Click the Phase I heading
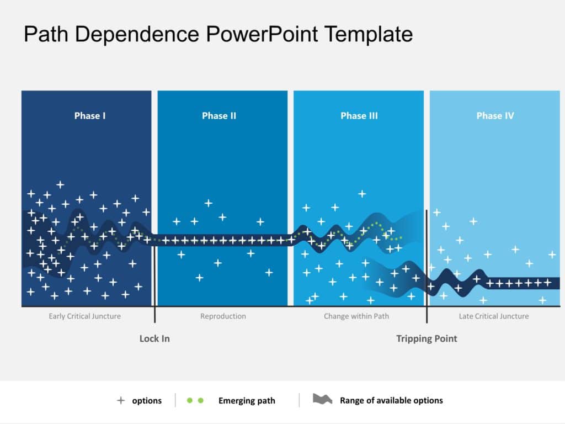90,116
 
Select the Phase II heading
219,116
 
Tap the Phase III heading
359,116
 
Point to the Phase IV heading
495,116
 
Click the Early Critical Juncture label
84,316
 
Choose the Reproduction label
223,316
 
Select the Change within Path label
356,316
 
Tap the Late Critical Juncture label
493,316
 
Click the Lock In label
154,338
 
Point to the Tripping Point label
427,338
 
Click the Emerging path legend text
246,401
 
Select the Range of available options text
391,401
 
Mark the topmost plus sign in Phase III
362,194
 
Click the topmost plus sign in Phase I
60,184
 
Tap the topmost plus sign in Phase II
208,203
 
